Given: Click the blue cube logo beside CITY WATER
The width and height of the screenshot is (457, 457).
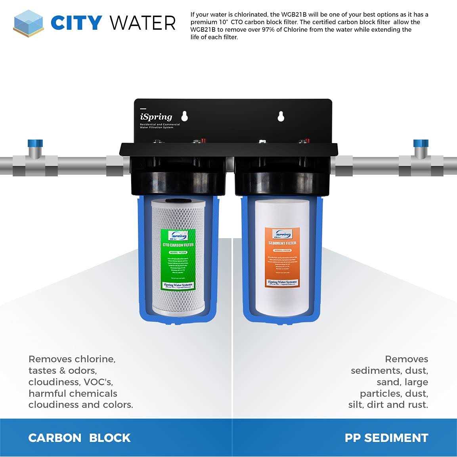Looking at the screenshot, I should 28,23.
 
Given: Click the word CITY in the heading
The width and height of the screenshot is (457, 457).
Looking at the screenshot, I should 76,23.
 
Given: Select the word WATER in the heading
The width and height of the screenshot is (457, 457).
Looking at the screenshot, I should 143,23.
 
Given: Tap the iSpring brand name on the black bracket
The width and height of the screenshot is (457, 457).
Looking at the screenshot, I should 156,117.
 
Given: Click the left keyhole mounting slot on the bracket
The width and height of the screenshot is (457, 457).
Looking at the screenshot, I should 184,116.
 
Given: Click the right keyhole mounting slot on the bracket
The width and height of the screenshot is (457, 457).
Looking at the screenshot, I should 281,116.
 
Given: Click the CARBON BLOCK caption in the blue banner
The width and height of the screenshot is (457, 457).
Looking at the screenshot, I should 79,438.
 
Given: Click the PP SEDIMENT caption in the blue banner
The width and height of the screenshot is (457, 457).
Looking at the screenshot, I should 386,438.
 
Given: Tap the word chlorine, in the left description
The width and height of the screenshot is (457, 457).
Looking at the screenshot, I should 95,359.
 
